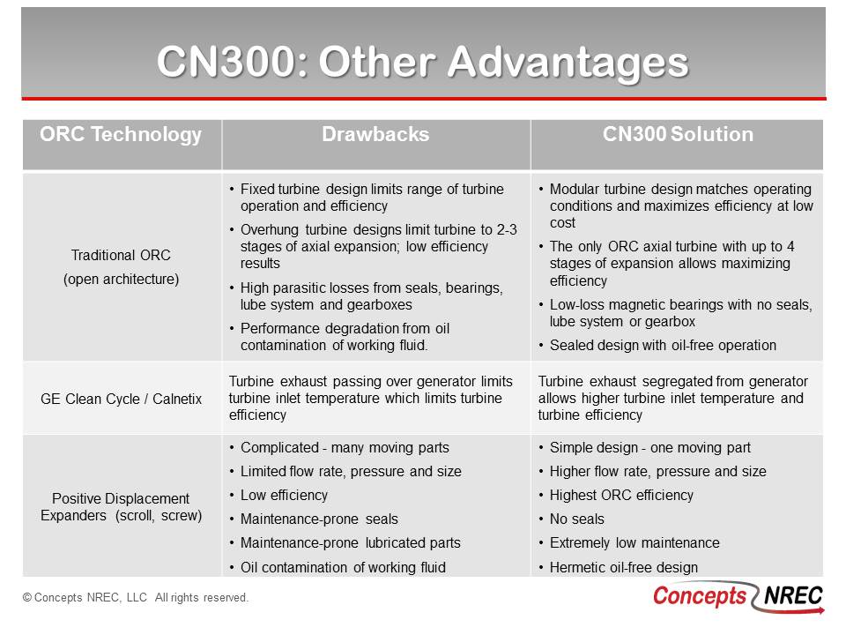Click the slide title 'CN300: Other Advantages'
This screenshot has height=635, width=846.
[x=423, y=62]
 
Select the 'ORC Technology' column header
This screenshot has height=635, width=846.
[x=121, y=134]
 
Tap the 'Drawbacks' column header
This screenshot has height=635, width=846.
[x=375, y=134]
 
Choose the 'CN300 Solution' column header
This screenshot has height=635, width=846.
[x=678, y=134]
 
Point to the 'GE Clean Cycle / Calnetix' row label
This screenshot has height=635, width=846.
[x=121, y=399]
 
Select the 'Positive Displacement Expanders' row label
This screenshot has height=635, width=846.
[x=121, y=507]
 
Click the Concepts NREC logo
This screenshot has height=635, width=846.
[x=738, y=597]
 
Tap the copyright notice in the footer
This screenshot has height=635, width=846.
[x=136, y=598]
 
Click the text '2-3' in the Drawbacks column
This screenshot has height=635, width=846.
[x=507, y=230]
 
